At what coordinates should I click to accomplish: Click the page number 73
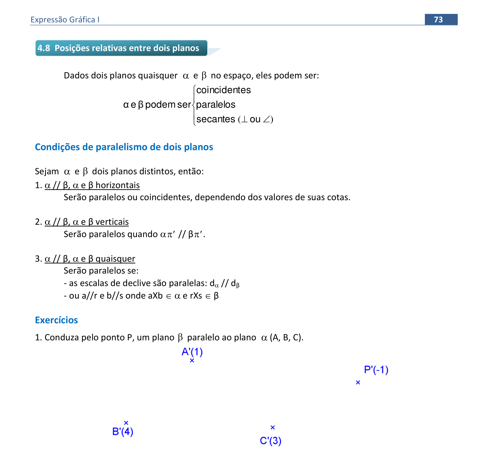click(x=438, y=19)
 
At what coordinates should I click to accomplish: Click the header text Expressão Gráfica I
click(x=65, y=20)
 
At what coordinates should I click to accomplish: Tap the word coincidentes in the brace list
click(x=223, y=90)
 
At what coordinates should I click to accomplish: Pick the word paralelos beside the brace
click(x=216, y=105)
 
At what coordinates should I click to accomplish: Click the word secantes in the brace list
click(x=216, y=119)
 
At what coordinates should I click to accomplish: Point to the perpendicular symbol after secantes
click(x=244, y=119)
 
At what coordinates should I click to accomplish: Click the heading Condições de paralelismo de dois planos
click(x=124, y=147)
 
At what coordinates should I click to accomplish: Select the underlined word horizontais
click(x=117, y=185)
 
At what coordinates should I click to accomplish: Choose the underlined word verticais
click(x=112, y=222)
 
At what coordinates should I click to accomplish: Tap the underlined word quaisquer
click(x=115, y=259)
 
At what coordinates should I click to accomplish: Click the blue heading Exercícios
click(x=56, y=320)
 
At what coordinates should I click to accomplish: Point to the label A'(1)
click(x=192, y=352)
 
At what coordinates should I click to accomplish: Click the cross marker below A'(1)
click(x=192, y=360)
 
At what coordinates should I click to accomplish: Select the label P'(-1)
click(x=376, y=370)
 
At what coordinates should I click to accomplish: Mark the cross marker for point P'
click(x=358, y=382)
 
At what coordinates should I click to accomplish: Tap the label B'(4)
click(x=123, y=432)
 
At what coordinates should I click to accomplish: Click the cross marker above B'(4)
click(x=126, y=423)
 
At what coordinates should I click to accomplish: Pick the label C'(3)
click(x=271, y=441)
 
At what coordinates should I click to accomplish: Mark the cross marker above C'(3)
click(x=273, y=427)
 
